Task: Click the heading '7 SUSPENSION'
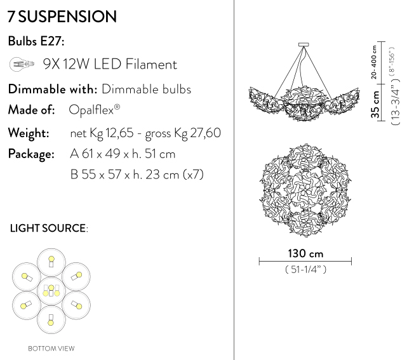pyautogui.click(x=62, y=17)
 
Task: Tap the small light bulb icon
pyautogui.click(x=22, y=64)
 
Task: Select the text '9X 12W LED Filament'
pyautogui.click(x=110, y=64)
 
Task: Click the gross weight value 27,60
pyautogui.click(x=206, y=133)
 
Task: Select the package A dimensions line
pyautogui.click(x=123, y=154)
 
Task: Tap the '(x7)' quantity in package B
pyautogui.click(x=194, y=175)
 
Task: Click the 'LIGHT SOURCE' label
pyautogui.click(x=48, y=229)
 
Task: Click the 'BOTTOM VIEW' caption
pyautogui.click(x=51, y=349)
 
